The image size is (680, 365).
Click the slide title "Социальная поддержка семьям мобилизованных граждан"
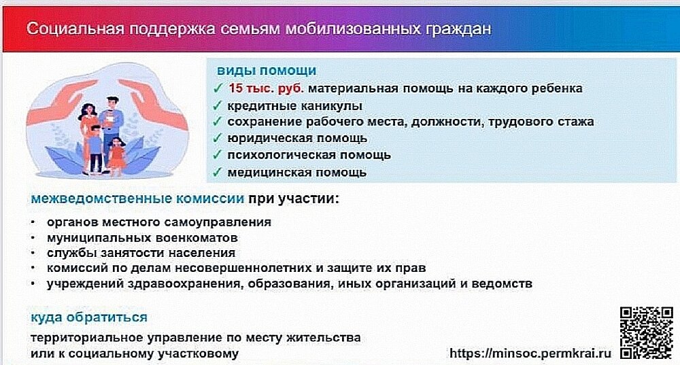coord(258,30)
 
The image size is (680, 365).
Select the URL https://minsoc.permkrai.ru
coord(530,353)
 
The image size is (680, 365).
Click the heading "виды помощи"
coord(266,71)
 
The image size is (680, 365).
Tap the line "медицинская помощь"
coord(297,172)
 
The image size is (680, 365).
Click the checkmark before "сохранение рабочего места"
coord(217,122)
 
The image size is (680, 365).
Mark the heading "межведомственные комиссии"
coord(137,199)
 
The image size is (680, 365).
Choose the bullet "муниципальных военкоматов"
coord(142,238)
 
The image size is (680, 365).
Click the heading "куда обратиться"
coord(88,317)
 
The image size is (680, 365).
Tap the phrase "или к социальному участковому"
coord(135,353)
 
